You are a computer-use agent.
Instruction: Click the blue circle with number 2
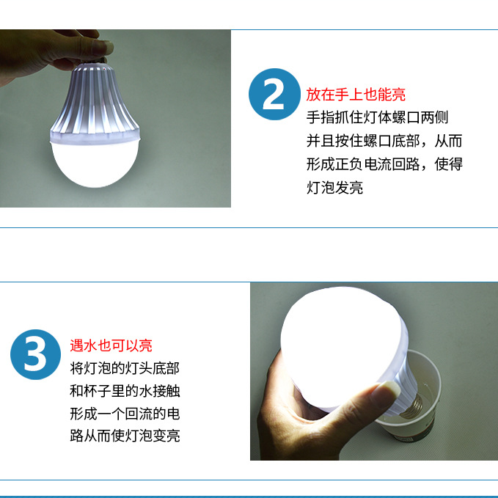pyautogui.click(x=275, y=94)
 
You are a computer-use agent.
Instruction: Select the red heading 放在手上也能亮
pyautogui.click(x=356, y=95)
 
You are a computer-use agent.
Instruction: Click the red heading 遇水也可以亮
pyautogui.click(x=111, y=345)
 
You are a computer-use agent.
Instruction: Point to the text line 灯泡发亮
pyautogui.click(x=334, y=188)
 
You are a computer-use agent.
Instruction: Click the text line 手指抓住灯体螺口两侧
pyautogui.click(x=377, y=117)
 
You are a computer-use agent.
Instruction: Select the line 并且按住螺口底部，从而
pyautogui.click(x=384, y=141)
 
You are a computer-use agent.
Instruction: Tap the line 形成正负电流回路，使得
pyautogui.click(x=384, y=164)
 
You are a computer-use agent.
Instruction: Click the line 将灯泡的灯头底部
pyautogui.click(x=125, y=368)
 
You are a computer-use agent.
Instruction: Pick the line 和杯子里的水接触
pyautogui.click(x=125, y=391)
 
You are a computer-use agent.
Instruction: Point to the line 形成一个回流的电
pyautogui.click(x=125, y=414)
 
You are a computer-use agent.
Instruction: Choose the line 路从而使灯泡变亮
pyautogui.click(x=125, y=436)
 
